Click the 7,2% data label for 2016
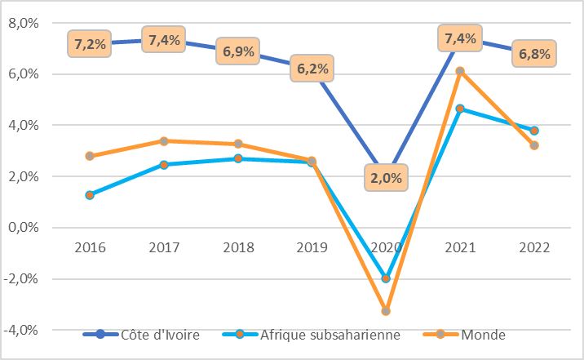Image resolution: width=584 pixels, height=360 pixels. point(90,43)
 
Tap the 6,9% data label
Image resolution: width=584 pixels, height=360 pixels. point(238,52)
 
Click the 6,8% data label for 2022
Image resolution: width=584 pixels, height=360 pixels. point(534,55)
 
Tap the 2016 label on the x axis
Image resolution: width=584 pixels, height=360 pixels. point(90,247)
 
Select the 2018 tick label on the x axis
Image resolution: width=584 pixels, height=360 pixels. point(238,247)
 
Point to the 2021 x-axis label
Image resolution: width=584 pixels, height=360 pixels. point(460,247)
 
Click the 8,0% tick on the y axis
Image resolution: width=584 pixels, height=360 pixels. point(24,23)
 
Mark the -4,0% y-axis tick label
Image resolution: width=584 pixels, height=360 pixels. point(22,330)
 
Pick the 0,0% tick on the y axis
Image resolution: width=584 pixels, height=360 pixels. point(24,228)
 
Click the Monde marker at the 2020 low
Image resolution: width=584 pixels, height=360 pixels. point(387,311)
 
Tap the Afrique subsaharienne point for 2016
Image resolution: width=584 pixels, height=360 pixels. point(90,195)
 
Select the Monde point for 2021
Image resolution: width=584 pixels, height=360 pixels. point(460,71)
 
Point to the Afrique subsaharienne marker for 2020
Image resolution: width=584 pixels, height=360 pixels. point(387,278)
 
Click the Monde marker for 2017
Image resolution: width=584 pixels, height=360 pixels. point(164,140)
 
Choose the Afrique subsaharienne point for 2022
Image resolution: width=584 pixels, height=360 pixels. point(534,131)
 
